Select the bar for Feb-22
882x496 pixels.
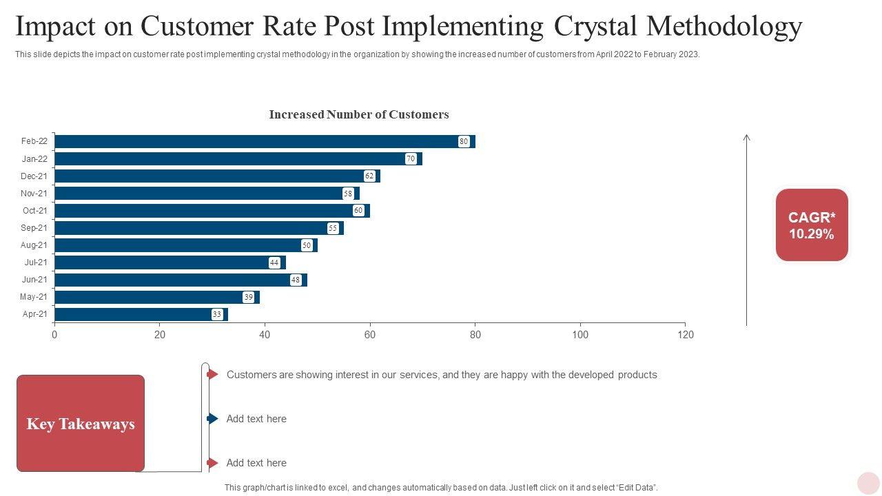click(x=262, y=141)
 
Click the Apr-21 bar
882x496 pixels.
click(x=138, y=314)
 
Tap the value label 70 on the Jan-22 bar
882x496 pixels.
click(x=411, y=159)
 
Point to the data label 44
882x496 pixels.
click(x=274, y=262)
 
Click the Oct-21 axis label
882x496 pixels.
click(x=34, y=211)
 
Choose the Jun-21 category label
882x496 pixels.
click(x=34, y=280)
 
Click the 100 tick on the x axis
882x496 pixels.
click(x=580, y=335)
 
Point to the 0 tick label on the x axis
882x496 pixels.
click(x=54, y=335)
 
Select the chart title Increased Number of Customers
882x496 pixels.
click(x=358, y=114)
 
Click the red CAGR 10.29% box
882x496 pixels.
click(x=812, y=225)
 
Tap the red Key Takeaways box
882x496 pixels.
click(x=81, y=424)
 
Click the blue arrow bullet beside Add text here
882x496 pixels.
click(x=212, y=419)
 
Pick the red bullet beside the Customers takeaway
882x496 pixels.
click(x=212, y=374)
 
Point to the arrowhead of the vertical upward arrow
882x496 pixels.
click(x=746, y=138)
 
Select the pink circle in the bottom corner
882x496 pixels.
click(x=868, y=483)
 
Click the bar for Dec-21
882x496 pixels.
click(x=214, y=176)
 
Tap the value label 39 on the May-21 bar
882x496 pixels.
click(x=248, y=297)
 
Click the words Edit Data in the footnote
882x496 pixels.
click(x=635, y=488)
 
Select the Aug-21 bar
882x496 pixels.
click(x=183, y=245)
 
